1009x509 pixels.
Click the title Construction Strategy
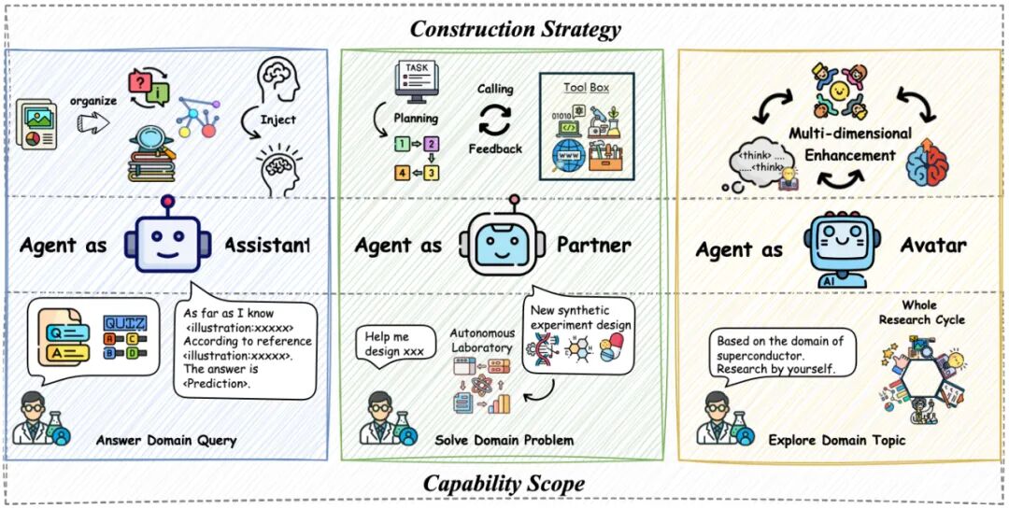coord(515,29)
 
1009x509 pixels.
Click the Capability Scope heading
coord(504,483)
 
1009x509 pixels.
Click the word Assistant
coord(267,246)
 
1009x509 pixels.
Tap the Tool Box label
coord(586,88)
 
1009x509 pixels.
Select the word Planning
coord(415,119)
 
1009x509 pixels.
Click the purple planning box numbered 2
coord(431,144)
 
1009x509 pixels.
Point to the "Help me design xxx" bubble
coord(395,342)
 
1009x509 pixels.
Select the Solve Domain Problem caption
coord(504,440)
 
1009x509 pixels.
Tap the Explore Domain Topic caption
coord(836,440)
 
